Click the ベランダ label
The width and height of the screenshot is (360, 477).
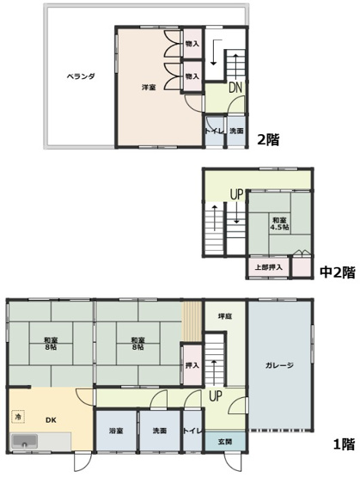pyautogui.click(x=80, y=76)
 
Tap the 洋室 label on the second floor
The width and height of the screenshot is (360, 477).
pyautogui.click(x=148, y=89)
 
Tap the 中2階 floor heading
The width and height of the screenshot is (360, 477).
pyautogui.click(x=337, y=272)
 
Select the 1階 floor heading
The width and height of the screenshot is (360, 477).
pyautogui.click(x=344, y=444)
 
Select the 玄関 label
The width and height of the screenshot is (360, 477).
pyautogui.click(x=223, y=442)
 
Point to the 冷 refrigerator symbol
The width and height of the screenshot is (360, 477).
pyautogui.click(x=18, y=417)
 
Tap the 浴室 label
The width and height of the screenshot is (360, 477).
pyautogui.click(x=115, y=431)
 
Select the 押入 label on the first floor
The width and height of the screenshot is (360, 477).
pyautogui.click(x=192, y=365)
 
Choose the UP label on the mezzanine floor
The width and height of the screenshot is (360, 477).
pyautogui.click(x=236, y=194)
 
